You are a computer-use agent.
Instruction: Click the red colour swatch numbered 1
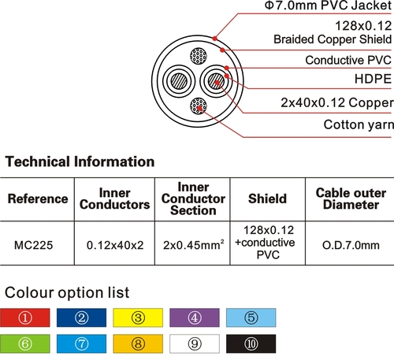click(x=25, y=317)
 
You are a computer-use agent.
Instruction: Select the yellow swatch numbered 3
click(x=138, y=317)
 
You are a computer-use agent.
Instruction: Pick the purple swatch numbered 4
click(x=195, y=317)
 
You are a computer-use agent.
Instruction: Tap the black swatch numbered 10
click(x=251, y=343)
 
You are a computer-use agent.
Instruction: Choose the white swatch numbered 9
click(x=195, y=343)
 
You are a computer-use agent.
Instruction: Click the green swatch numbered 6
click(x=25, y=343)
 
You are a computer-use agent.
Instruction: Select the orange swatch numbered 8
click(x=138, y=343)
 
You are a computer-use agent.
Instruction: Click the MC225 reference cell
click(x=34, y=245)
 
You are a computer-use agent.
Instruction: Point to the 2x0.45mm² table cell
click(x=194, y=245)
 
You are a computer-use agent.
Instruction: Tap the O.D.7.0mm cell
click(x=351, y=245)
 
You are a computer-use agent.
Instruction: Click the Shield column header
click(x=267, y=199)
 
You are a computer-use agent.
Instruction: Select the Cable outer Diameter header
click(x=351, y=199)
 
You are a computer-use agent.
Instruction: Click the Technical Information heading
click(x=80, y=161)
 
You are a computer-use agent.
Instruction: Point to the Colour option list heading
click(x=67, y=292)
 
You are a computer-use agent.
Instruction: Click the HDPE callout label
click(x=373, y=79)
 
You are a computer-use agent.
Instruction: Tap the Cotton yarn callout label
click(x=359, y=124)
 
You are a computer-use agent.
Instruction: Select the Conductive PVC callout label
click(x=348, y=60)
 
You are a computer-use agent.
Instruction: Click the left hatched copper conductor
click(x=179, y=81)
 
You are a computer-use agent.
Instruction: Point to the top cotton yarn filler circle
click(x=199, y=56)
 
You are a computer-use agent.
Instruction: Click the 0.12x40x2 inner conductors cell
click(x=115, y=245)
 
